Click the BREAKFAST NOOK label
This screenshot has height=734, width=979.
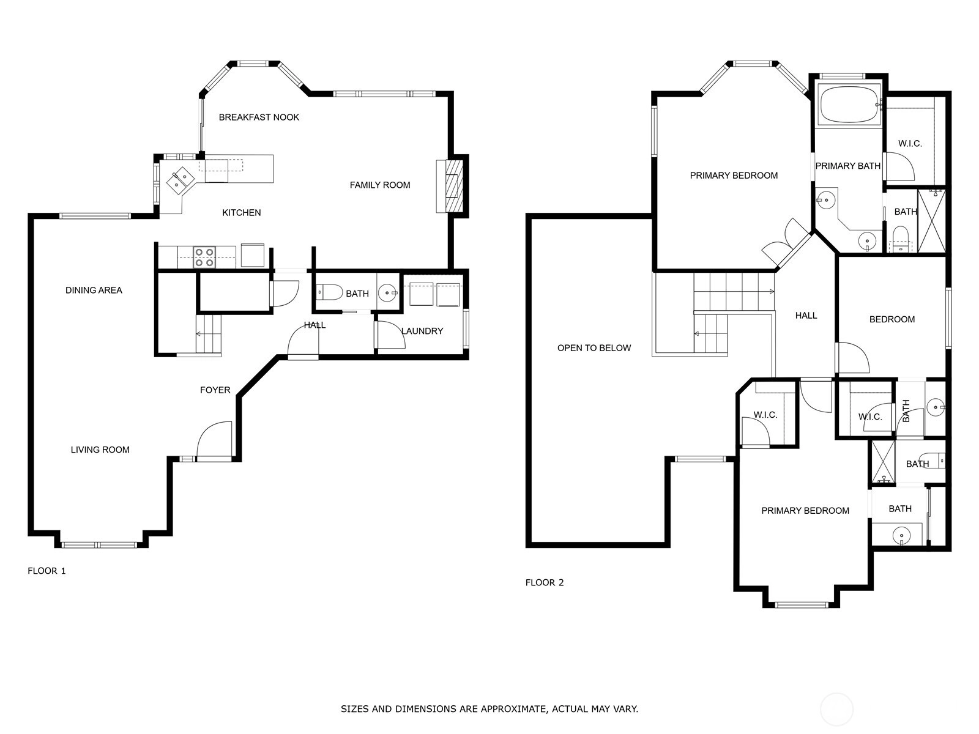pyautogui.click(x=259, y=117)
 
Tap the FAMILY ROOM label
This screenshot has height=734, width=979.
pyautogui.click(x=379, y=185)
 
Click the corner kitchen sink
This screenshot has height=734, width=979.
pyautogui.click(x=181, y=180)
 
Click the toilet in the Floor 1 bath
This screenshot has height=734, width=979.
pyautogui.click(x=329, y=292)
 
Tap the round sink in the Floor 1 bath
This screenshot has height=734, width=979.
pyautogui.click(x=387, y=293)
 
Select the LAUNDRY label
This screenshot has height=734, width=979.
pyautogui.click(x=422, y=331)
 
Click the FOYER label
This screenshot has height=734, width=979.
pyautogui.click(x=215, y=390)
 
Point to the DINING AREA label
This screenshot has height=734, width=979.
pyautogui.click(x=94, y=290)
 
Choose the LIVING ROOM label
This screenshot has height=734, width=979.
pyautogui.click(x=100, y=450)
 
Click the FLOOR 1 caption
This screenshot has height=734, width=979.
pyautogui.click(x=47, y=571)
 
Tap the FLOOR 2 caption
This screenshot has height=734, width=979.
pyautogui.click(x=545, y=582)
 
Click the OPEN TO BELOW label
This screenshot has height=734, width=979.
pyautogui.click(x=594, y=348)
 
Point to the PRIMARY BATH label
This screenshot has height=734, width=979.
pyautogui.click(x=848, y=166)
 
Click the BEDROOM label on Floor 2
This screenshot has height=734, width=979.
pyautogui.click(x=892, y=319)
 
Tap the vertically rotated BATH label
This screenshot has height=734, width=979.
pyautogui.click(x=906, y=410)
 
